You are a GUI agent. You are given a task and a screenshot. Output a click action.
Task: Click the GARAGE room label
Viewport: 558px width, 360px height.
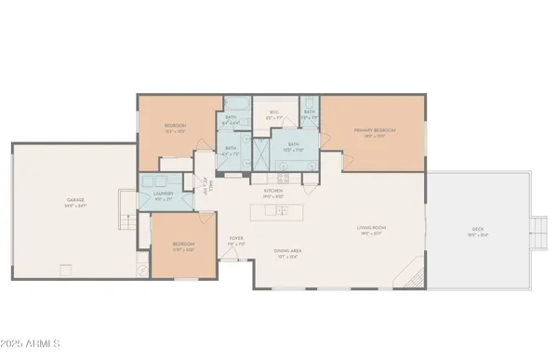tap(75, 199)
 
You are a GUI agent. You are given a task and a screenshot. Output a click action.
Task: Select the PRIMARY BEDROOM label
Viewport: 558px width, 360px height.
tap(375, 130)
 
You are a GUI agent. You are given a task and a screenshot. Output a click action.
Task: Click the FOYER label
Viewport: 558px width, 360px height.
tap(236, 238)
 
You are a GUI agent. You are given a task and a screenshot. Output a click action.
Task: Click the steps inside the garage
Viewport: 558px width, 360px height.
tap(124, 223)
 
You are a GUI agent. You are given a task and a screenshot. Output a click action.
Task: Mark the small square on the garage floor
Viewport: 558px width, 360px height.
tap(66, 271)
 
